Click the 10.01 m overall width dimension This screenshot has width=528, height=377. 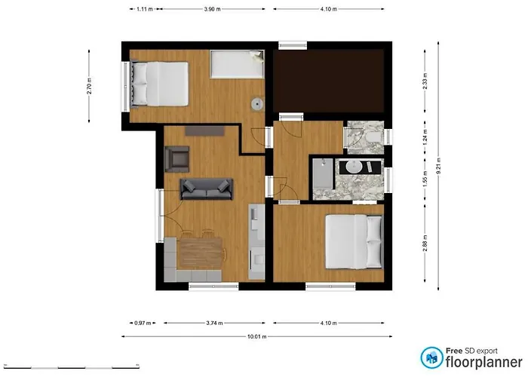coord(257,336)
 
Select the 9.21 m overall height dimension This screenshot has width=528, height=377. coord(438,166)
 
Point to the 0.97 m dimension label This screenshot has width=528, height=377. coord(143,323)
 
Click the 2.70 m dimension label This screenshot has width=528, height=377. coord(89,86)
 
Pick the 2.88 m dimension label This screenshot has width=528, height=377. coord(425,243)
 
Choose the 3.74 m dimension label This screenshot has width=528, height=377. coord(214,323)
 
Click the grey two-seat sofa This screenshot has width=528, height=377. coord(207,188)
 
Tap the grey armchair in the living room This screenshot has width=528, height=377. coord(177,159)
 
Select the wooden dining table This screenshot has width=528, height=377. coord(200,253)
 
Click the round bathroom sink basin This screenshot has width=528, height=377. coord(354,167)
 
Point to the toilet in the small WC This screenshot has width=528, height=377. coord(373,137)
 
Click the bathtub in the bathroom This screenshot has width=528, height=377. coord(324,173)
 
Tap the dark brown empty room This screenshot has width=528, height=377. coord(329,81)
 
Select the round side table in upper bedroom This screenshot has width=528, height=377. coord(258,104)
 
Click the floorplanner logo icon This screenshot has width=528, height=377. coord(431,358)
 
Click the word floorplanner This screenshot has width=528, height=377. coord(484,363)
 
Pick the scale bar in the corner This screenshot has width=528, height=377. coord(72,366)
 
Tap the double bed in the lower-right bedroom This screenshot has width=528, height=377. coord(355,242)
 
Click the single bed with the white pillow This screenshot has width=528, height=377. coord(237,64)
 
